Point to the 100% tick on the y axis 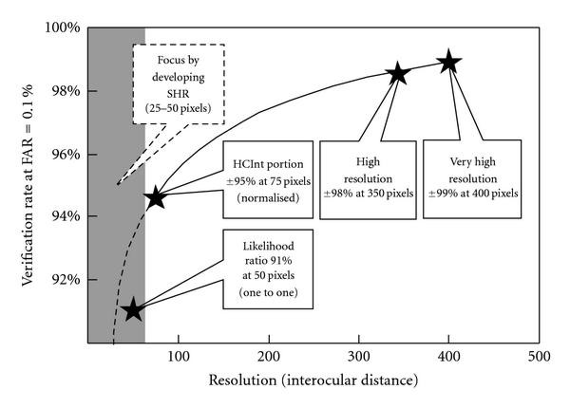64,28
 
